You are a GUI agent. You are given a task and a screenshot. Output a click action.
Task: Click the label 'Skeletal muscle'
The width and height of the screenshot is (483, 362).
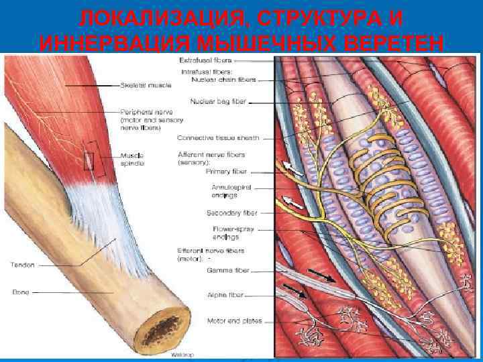[146, 86]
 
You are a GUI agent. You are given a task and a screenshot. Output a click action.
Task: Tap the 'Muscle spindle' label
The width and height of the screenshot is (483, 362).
[131, 158]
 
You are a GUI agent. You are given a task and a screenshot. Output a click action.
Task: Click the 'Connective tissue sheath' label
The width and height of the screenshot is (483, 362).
[218, 137]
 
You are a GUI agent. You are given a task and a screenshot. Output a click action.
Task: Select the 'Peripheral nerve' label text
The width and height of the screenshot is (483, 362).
[142, 111]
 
